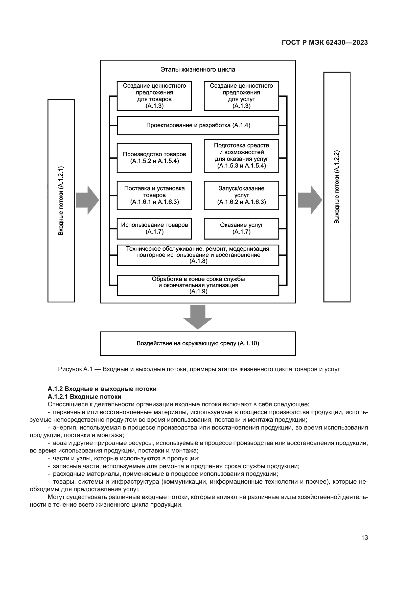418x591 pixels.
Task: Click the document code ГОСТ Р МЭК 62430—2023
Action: tap(325, 43)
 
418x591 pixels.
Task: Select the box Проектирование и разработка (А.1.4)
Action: tap(198, 125)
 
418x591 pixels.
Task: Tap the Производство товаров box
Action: tap(154, 158)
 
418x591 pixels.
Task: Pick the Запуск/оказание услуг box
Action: tap(241, 195)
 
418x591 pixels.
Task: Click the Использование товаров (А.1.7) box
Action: tap(154, 228)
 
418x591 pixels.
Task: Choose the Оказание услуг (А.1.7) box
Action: tap(241, 228)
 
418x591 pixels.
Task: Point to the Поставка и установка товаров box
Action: tap(154, 195)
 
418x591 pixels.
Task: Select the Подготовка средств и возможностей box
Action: tap(241, 155)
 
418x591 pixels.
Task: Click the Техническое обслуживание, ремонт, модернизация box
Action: tap(198, 255)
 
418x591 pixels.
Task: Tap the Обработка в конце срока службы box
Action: tap(198, 285)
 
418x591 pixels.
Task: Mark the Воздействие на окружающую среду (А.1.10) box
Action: tap(198, 343)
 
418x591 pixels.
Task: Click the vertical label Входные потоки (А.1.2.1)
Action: tap(61, 201)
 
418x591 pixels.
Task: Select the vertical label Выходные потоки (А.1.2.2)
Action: tap(337, 187)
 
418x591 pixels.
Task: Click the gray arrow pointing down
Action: tap(198, 317)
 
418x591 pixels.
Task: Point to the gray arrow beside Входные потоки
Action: tap(87, 200)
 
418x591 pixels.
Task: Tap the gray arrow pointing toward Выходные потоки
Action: tap(310, 200)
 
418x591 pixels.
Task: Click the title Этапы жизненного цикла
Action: tap(198, 70)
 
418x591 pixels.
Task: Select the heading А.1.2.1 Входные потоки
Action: tap(84, 397)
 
